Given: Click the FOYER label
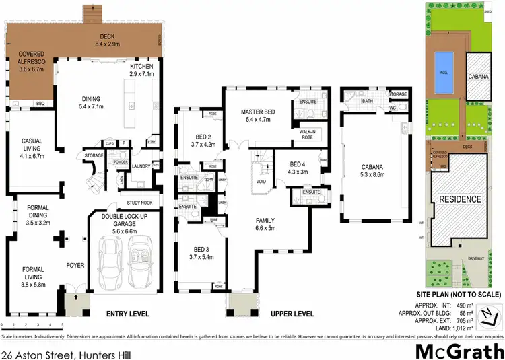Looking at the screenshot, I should click(x=75, y=266).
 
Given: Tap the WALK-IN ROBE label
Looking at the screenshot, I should click(x=307, y=135).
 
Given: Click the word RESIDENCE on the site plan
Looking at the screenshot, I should click(x=461, y=199).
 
